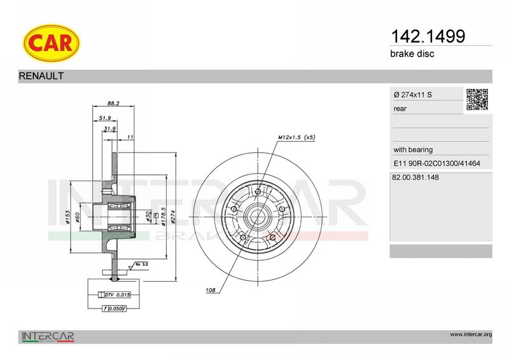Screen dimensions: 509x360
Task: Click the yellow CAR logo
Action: click(x=52, y=43)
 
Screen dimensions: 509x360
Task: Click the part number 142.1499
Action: click(x=428, y=36)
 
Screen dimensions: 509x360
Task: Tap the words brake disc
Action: click(x=412, y=53)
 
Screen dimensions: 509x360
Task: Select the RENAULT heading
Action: click(x=41, y=76)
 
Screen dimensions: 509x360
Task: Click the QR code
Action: click(x=477, y=99)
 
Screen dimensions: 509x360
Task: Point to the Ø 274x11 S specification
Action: click(x=412, y=95)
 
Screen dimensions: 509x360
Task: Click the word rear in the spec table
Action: click(x=400, y=109)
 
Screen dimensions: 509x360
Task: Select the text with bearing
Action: click(x=413, y=149)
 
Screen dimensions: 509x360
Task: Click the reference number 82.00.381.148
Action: click(x=415, y=177)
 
